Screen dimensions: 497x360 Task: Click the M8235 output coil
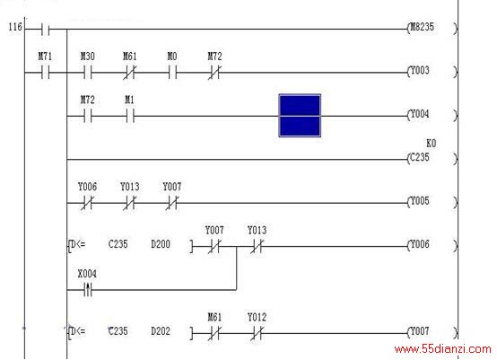[432, 28]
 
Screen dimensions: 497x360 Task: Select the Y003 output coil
[432, 71]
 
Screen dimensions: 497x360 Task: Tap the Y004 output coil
[432, 115]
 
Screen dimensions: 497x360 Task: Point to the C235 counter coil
[432, 158]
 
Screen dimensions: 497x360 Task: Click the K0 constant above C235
[432, 144]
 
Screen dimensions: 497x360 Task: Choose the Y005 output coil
[432, 201]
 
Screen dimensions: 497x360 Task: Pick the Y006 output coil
[432, 245]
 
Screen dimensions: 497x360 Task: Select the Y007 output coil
[432, 332]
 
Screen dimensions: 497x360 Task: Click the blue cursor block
[300, 116]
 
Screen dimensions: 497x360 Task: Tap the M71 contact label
[45, 57]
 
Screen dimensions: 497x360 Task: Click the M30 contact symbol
[88, 73]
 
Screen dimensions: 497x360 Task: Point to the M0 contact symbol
[172, 73]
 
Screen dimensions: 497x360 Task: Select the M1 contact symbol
[130, 116]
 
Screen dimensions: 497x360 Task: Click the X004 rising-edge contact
[88, 290]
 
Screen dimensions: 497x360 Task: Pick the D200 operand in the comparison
[161, 244]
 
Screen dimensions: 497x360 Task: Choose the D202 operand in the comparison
[161, 331]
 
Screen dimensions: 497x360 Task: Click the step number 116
[15, 27]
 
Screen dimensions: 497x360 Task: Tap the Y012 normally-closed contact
[257, 334]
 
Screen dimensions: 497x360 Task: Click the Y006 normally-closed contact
[88, 203]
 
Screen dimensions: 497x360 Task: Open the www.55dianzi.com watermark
[442, 349]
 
